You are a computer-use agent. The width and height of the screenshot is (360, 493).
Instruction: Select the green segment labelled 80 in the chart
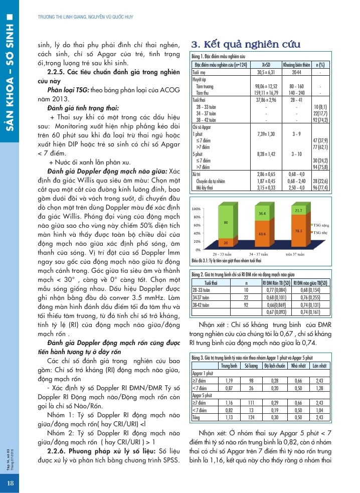coord(227,222)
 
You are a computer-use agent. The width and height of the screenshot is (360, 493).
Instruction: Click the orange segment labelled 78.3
coord(298,231)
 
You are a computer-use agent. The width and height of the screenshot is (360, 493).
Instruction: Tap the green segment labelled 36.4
coord(262,214)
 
